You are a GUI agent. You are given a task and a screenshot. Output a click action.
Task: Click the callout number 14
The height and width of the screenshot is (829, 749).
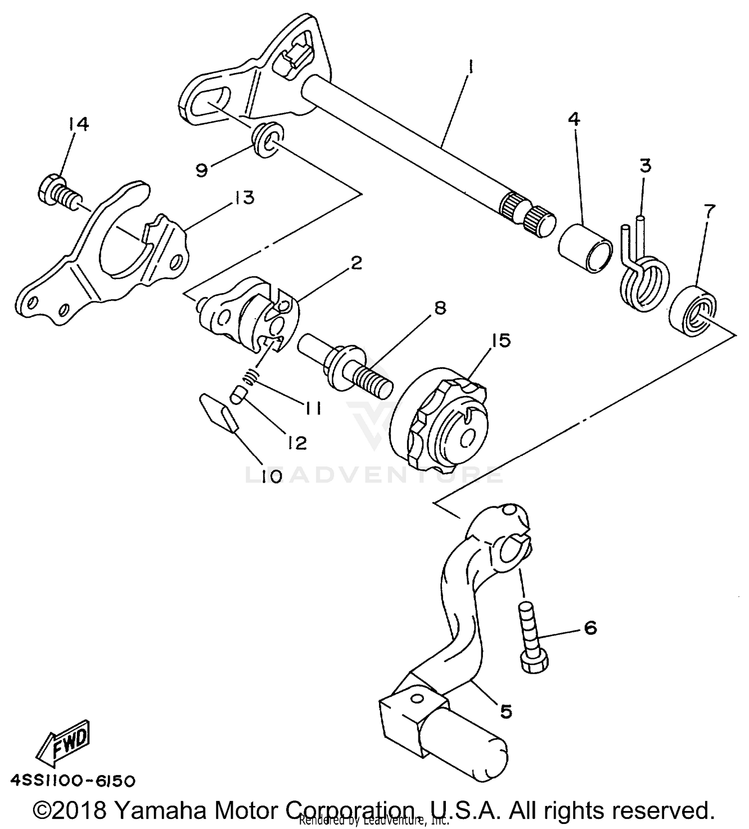(79, 123)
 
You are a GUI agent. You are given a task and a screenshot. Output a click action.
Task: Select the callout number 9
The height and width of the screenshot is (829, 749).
(202, 171)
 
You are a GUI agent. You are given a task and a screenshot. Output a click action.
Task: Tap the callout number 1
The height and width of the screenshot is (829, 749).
(470, 66)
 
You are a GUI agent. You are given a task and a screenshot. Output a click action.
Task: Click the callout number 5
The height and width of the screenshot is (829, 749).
(506, 711)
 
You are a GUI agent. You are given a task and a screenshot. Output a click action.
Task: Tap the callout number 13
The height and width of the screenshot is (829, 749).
(242, 198)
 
